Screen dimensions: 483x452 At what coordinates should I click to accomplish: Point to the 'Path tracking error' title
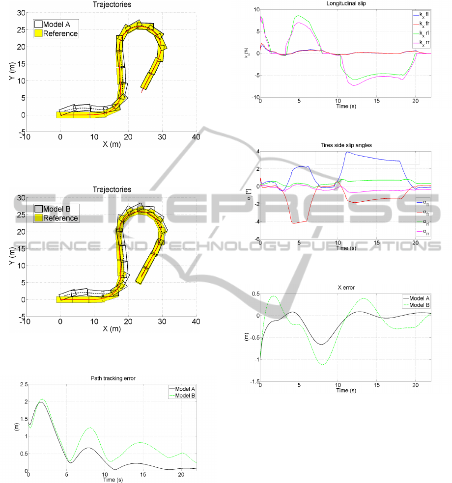pos(113,378)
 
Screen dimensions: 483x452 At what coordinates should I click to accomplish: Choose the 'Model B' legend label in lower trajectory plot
pos(57,209)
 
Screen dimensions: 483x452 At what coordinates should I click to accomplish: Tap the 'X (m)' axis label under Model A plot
pos(113,144)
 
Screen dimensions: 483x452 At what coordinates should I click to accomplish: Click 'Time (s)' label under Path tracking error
pos(113,479)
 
